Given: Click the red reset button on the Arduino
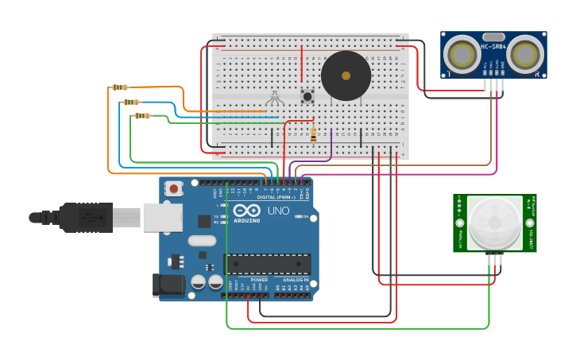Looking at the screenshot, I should click(173, 188).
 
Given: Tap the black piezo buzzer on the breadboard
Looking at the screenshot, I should click(346, 76).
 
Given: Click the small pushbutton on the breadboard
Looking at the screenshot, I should click(307, 96).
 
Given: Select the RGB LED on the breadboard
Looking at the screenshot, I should click(275, 97).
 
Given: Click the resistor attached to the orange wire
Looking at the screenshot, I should click(119, 87).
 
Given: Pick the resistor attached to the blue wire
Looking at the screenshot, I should click(130, 102).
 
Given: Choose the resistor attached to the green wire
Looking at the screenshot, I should click(141, 116).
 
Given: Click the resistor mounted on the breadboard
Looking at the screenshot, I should click(313, 135).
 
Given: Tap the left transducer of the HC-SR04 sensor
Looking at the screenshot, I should click(460, 54).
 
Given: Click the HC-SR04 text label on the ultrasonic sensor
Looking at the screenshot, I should click(493, 47).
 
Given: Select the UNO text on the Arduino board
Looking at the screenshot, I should click(278, 211).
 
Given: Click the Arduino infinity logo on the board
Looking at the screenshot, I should click(247, 210).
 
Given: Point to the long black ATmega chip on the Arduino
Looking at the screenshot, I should click(267, 264).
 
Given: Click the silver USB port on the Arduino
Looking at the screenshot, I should click(162, 217).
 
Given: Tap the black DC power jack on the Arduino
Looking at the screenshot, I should click(164, 285).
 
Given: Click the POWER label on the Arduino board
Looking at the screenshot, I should click(259, 280).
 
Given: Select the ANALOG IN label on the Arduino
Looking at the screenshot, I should click(296, 280).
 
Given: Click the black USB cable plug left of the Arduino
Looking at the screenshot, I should click(75, 217).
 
